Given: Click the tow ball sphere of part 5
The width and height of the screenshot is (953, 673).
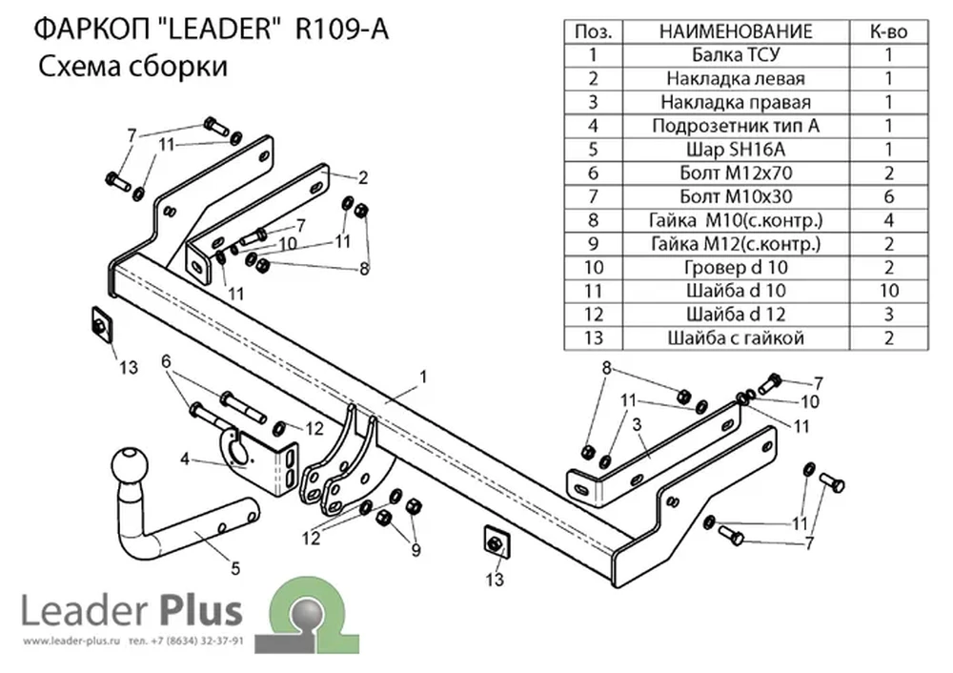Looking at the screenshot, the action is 130,465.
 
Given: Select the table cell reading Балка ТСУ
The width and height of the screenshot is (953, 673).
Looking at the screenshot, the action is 736,55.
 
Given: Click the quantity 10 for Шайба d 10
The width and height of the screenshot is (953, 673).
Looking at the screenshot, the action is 888,291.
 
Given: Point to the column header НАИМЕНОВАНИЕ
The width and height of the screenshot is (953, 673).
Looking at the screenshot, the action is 736,31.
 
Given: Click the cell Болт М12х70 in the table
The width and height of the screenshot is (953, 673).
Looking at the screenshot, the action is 736,173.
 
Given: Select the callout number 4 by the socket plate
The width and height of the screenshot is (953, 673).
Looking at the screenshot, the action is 185,459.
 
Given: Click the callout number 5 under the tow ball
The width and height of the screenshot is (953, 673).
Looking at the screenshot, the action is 235,568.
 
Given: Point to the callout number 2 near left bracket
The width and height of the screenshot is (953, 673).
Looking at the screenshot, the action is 363,177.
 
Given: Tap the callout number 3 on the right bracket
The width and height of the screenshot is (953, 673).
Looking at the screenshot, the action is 637,424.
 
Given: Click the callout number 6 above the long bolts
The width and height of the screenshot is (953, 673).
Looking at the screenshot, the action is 166,362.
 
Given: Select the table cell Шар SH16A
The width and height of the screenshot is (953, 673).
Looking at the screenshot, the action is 736,150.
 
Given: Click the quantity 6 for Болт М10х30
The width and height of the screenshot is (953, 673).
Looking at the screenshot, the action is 888,196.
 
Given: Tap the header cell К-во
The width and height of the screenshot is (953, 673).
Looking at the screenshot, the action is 888,31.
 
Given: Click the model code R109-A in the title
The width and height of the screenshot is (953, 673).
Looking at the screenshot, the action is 341,30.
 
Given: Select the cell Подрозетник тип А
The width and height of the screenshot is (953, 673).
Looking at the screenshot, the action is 736,126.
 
